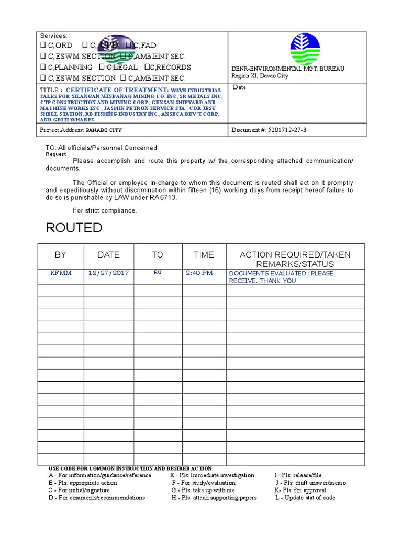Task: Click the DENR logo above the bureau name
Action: coord(305,49)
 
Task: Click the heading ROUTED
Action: coord(74,228)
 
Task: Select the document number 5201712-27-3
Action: coord(287,130)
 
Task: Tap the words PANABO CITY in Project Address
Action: coord(104,130)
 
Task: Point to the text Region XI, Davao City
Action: coord(260,76)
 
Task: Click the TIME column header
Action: coord(204,255)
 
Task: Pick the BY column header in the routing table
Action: coord(60,255)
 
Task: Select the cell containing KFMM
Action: coord(60,273)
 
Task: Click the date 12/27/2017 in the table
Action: coord(108,273)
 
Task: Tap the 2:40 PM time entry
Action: coord(199,273)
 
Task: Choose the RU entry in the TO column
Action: coord(158,273)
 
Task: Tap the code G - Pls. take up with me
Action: coord(203,490)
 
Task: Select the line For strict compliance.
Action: coord(105,210)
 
